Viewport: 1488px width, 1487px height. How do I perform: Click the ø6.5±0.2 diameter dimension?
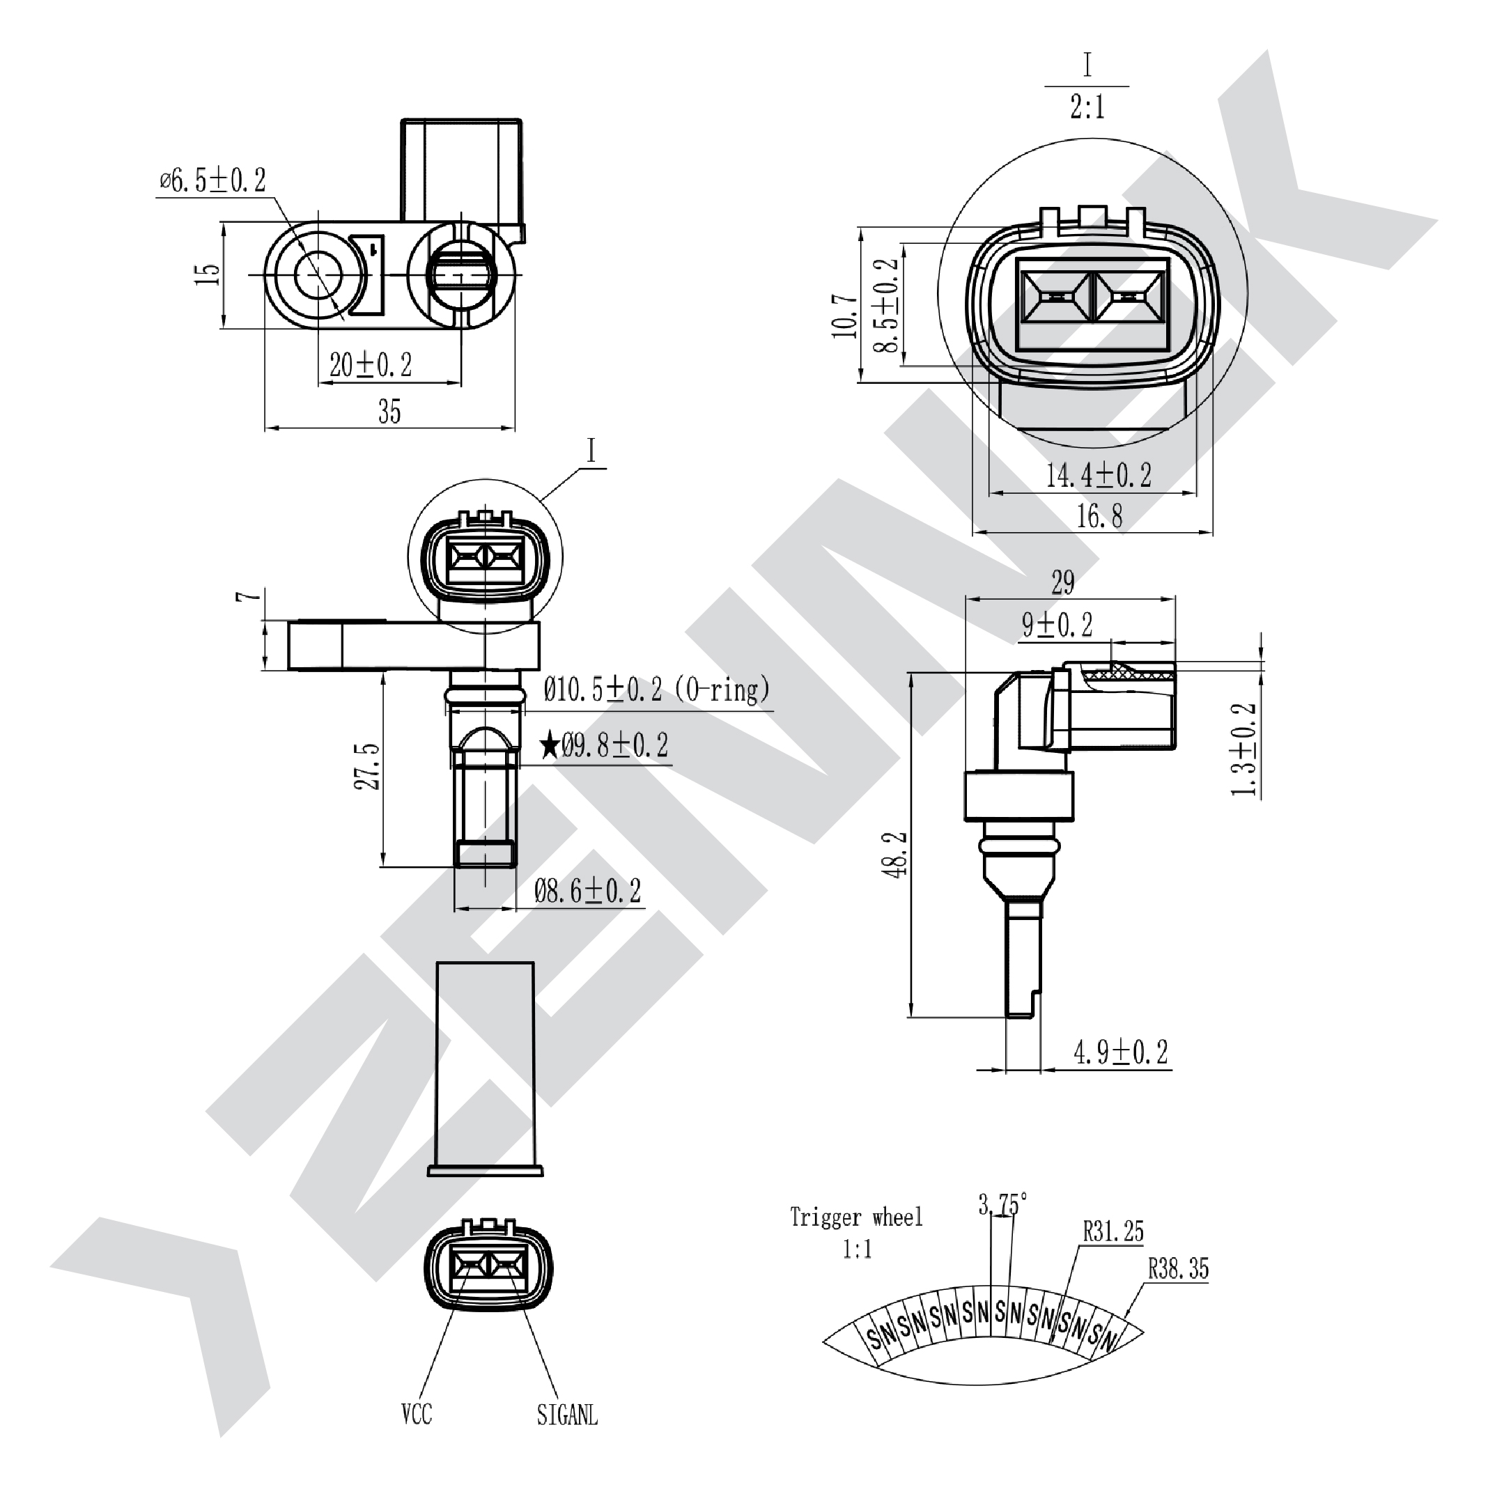point(213,181)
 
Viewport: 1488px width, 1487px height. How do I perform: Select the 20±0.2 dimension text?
point(371,364)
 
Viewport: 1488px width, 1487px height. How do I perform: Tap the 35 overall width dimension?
point(389,412)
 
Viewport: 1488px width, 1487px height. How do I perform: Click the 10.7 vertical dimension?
point(844,316)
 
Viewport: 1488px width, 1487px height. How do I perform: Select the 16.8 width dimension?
point(1099,516)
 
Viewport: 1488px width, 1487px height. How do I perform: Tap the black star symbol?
point(550,745)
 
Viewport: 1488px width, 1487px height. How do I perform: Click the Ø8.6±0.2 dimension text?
point(588,892)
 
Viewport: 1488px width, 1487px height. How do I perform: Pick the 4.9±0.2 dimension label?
point(1121,1052)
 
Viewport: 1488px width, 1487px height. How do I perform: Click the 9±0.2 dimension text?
point(1057,625)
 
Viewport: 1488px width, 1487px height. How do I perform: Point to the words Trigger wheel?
point(855,1217)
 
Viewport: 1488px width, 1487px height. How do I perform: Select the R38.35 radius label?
point(1179,1268)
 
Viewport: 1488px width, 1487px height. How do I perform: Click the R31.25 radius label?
point(1113,1231)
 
